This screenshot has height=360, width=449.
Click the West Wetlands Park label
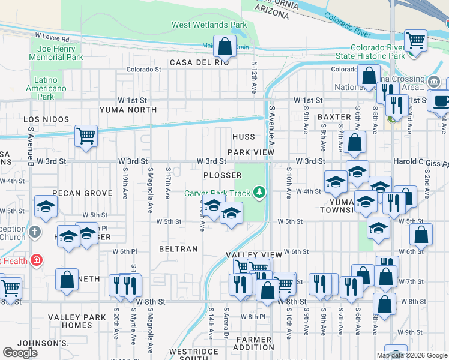tap(209, 25)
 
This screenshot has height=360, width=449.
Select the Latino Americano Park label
tap(45, 88)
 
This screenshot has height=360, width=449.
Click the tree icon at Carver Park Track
tap(259, 192)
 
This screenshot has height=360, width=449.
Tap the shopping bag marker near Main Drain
tap(224, 46)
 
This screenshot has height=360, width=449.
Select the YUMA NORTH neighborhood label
tap(128, 110)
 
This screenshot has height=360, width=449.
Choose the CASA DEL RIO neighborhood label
tap(199, 62)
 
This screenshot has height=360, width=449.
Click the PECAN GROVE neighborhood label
tap(82, 193)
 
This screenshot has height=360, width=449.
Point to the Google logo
tap(20, 353)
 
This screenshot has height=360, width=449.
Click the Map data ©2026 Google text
tap(412, 355)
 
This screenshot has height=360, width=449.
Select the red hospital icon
tap(37, 260)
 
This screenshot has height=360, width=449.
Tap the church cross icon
tap(35, 232)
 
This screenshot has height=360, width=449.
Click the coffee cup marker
tap(441, 101)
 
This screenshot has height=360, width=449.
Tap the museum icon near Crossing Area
tap(434, 80)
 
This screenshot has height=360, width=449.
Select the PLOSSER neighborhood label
tap(222, 175)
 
